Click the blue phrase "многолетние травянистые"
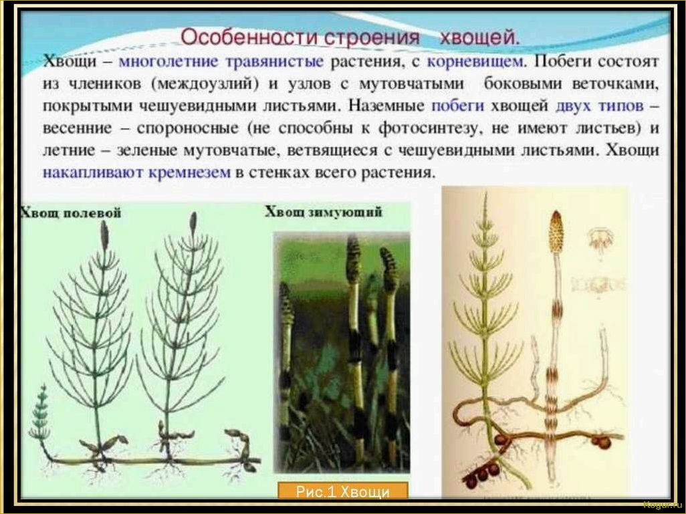[x=221, y=62]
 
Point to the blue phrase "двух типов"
[x=599, y=106]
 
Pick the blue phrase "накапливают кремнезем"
[x=136, y=172]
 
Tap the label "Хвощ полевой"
[x=71, y=213]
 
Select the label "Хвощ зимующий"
[x=323, y=213]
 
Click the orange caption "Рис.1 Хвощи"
[x=342, y=492]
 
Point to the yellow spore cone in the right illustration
[x=555, y=231]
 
